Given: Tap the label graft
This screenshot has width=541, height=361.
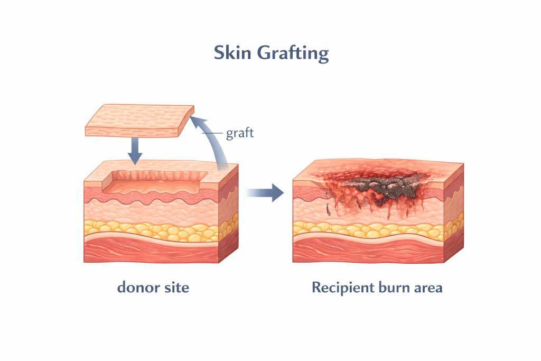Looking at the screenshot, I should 240,133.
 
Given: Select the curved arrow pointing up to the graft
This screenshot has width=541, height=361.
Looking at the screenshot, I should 214,143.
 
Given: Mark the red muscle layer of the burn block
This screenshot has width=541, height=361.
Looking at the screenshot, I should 370,251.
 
